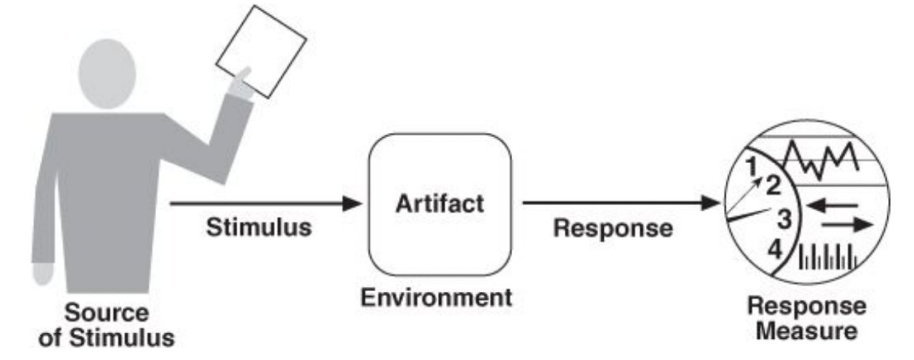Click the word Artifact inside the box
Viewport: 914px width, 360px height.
439,202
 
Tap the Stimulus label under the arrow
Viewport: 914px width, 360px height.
259,228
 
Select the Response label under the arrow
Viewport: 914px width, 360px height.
612,228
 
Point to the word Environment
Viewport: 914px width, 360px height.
437,297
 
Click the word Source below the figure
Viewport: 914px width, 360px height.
106,314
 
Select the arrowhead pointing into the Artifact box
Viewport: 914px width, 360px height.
353,202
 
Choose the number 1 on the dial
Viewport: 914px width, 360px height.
751,165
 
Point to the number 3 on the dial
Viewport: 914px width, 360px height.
784,220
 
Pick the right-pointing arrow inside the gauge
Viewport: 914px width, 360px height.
846,226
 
